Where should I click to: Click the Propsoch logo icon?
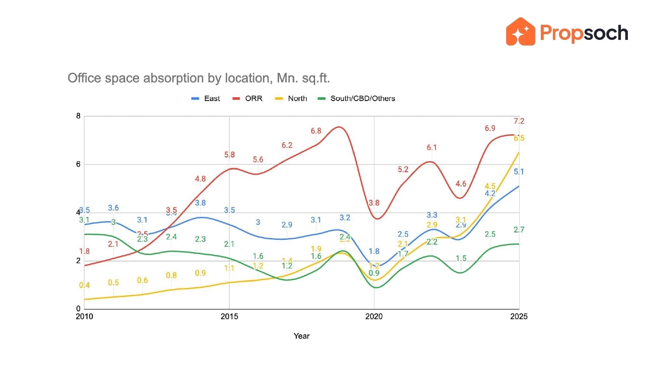point(520,32)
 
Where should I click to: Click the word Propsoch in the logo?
point(584,33)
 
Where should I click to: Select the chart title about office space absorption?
point(199,78)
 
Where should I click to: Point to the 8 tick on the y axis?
point(78,116)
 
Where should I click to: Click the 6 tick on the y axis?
point(78,164)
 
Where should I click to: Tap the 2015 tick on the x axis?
point(229,317)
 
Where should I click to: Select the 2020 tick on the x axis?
point(374,317)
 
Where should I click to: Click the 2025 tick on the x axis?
point(519,317)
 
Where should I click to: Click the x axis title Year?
point(302,336)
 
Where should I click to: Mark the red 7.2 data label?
point(519,121)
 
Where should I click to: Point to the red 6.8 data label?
point(316,131)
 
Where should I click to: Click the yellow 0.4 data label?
point(84,285)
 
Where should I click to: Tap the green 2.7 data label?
point(519,230)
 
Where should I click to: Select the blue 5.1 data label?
point(519,172)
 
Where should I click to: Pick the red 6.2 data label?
point(287,145)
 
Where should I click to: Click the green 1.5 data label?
point(461,258)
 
